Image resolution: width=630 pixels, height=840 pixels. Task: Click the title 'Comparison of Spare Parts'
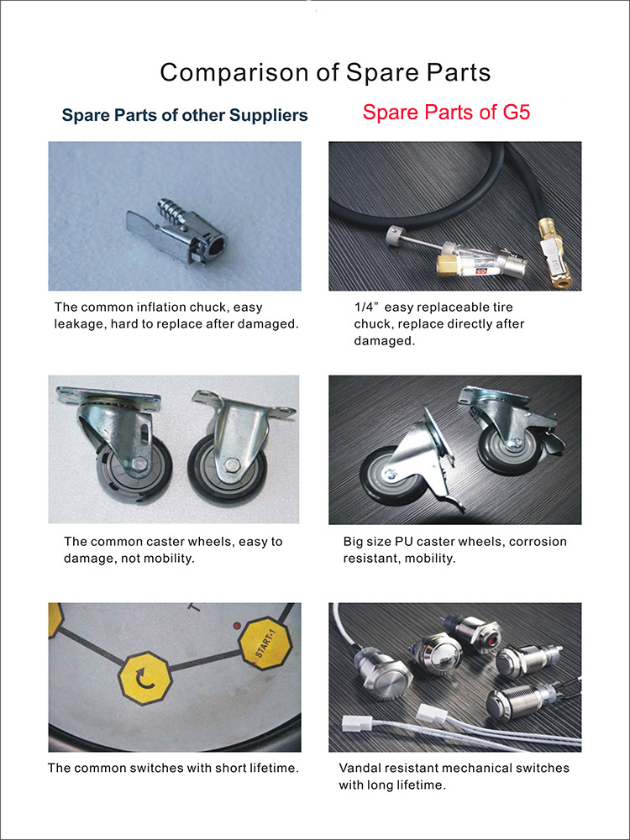click(325, 72)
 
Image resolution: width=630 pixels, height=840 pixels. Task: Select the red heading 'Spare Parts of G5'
click(446, 112)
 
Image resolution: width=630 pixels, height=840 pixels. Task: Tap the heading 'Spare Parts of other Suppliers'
click(185, 114)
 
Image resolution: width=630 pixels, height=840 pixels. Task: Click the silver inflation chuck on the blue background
click(176, 231)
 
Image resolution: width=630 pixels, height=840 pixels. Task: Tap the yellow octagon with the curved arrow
click(144, 680)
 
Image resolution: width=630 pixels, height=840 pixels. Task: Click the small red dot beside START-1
click(236, 625)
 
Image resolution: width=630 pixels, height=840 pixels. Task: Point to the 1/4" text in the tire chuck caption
click(367, 307)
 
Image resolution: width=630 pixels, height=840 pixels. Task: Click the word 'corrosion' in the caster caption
click(538, 541)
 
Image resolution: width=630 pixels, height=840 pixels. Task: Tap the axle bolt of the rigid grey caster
click(232, 465)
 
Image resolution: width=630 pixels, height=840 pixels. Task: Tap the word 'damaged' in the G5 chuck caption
click(385, 341)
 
